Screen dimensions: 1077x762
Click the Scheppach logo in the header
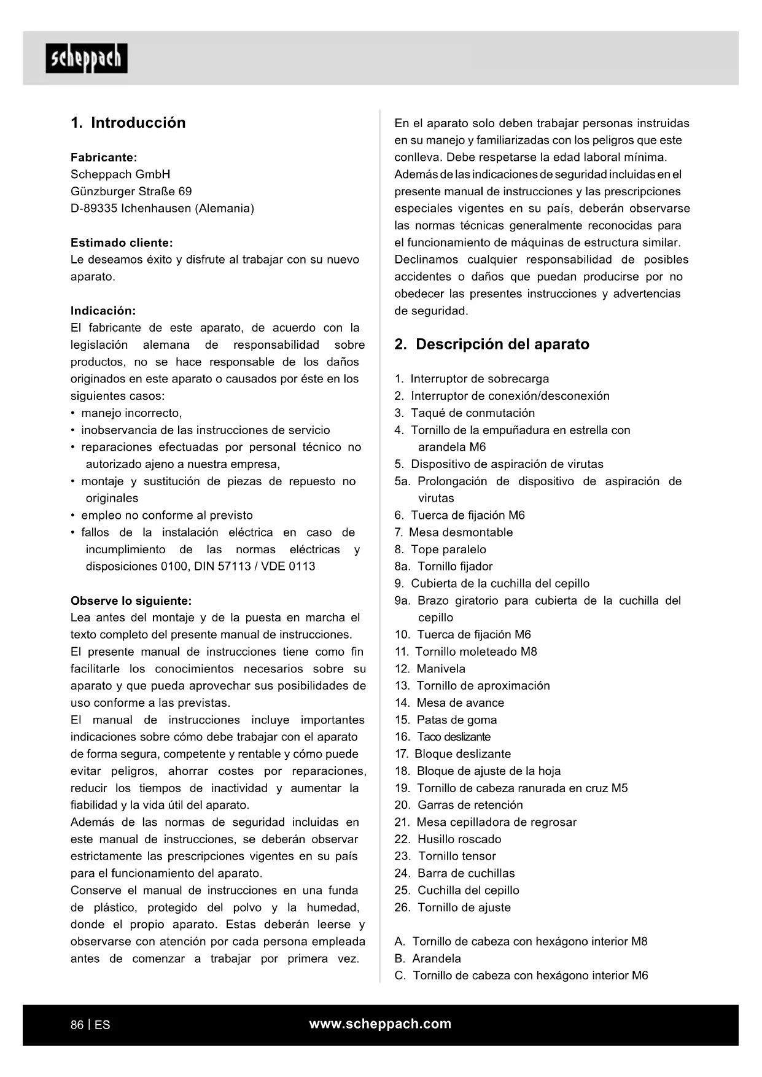coord(87,58)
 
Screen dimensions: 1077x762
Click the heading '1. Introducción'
coord(128,123)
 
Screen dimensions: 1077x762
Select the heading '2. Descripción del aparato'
coord(492,344)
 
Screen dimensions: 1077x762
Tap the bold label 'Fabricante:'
coord(104,157)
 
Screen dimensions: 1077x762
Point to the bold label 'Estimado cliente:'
coord(122,243)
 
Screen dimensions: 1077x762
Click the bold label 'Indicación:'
coord(103,311)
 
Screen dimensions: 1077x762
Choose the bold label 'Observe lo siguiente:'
coord(131,601)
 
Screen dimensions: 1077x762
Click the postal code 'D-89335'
coord(94,208)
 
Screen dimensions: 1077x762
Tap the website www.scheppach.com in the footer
coord(380,1024)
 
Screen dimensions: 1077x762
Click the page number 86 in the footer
coord(77,1025)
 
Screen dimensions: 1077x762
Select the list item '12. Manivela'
coord(430,669)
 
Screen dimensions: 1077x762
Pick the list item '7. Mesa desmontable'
coord(454,532)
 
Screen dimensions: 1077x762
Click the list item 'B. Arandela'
coord(427,958)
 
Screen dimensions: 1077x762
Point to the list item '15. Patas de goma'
coord(446,720)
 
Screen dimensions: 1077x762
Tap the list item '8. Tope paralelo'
coord(440,550)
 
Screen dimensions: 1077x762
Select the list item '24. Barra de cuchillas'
coord(455,873)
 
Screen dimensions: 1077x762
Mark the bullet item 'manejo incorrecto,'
coord(131,413)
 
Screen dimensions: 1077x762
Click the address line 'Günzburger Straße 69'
coord(131,192)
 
